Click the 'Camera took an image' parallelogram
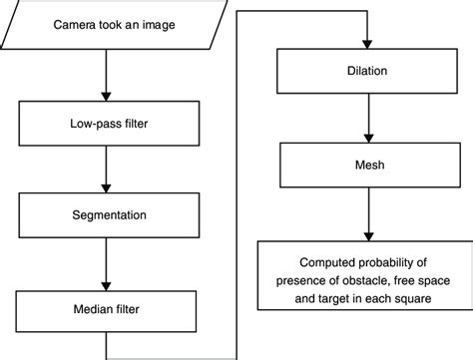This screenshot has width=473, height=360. tap(105, 25)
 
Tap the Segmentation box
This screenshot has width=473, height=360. tap(105, 215)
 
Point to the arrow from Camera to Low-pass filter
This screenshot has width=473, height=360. tap(105, 78)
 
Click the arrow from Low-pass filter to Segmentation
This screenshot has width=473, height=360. tap(105, 173)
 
